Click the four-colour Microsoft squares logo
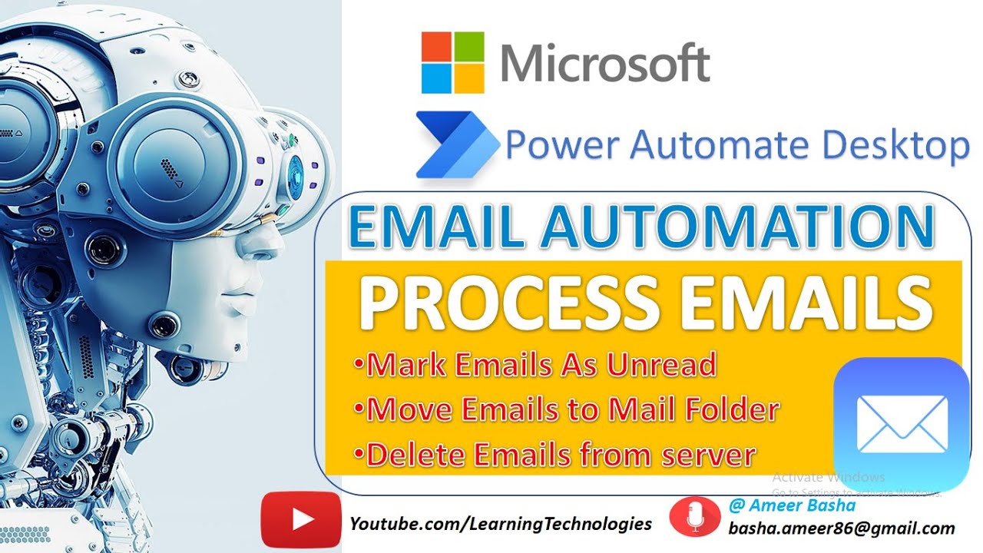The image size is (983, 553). pyautogui.click(x=453, y=63)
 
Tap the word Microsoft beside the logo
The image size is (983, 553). pyautogui.click(x=605, y=63)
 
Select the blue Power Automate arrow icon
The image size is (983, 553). pyautogui.click(x=456, y=144)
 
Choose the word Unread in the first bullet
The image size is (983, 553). pyautogui.click(x=661, y=365)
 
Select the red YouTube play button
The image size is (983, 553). pyautogui.click(x=300, y=520)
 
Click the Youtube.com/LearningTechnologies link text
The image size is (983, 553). pyautogui.click(x=501, y=524)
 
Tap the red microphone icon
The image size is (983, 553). pyautogui.click(x=695, y=516)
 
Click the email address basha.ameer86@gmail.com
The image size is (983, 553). pyautogui.click(x=842, y=528)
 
